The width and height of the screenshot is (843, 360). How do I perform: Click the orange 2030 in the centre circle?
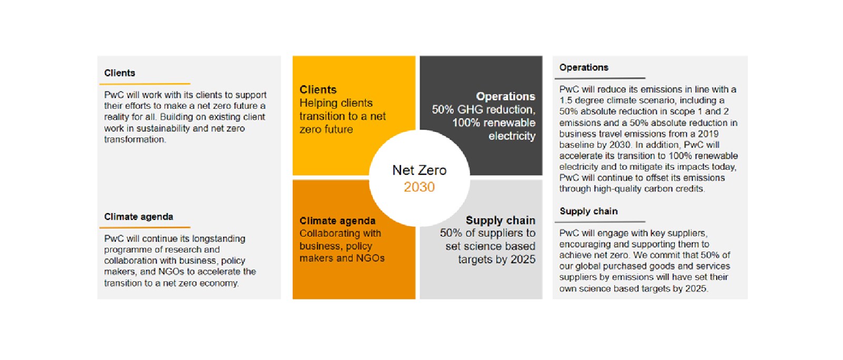click(419, 187)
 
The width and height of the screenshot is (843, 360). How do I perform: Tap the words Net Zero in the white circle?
click(419, 171)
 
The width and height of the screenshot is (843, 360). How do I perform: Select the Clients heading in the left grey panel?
click(120, 73)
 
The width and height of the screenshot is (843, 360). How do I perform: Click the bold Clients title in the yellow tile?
click(318, 89)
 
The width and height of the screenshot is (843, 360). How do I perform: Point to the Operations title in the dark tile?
click(505, 96)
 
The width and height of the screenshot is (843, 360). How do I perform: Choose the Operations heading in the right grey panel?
click(584, 67)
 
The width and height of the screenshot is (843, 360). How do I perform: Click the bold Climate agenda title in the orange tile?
click(337, 221)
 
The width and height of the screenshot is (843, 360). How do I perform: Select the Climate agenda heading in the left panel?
click(138, 217)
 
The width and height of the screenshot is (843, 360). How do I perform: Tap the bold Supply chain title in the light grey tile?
click(501, 220)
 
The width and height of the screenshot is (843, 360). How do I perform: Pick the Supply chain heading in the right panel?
click(589, 211)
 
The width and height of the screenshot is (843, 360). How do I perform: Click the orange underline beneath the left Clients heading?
click(145, 84)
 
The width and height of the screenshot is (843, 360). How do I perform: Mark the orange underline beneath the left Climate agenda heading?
click(145, 227)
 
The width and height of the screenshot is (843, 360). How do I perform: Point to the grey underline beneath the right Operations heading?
click(600, 78)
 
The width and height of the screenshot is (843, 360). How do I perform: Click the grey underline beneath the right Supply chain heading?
click(600, 222)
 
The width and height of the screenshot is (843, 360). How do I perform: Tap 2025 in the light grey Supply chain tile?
click(523, 259)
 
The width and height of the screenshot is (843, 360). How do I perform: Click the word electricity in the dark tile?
click(512, 136)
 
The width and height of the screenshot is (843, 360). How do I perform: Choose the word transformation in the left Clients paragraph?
click(135, 139)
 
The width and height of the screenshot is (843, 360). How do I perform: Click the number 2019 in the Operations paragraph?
click(708, 134)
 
